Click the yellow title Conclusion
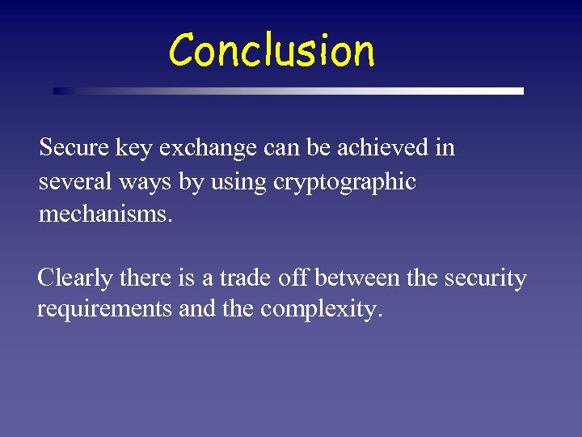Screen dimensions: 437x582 coord(272,50)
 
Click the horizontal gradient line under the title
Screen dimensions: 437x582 coord(289,91)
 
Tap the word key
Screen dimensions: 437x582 coord(135,149)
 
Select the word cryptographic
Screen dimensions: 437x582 coord(344,183)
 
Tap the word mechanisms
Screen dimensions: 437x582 coord(105,216)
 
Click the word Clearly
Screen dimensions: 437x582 coord(75,279)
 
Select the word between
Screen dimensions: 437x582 coord(356,279)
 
